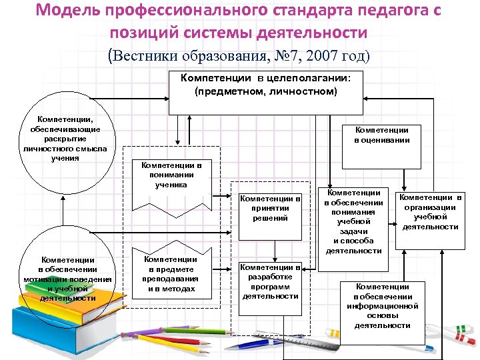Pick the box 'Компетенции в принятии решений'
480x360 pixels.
[x=270, y=216]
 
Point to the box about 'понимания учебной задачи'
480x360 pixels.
[x=353, y=227]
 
